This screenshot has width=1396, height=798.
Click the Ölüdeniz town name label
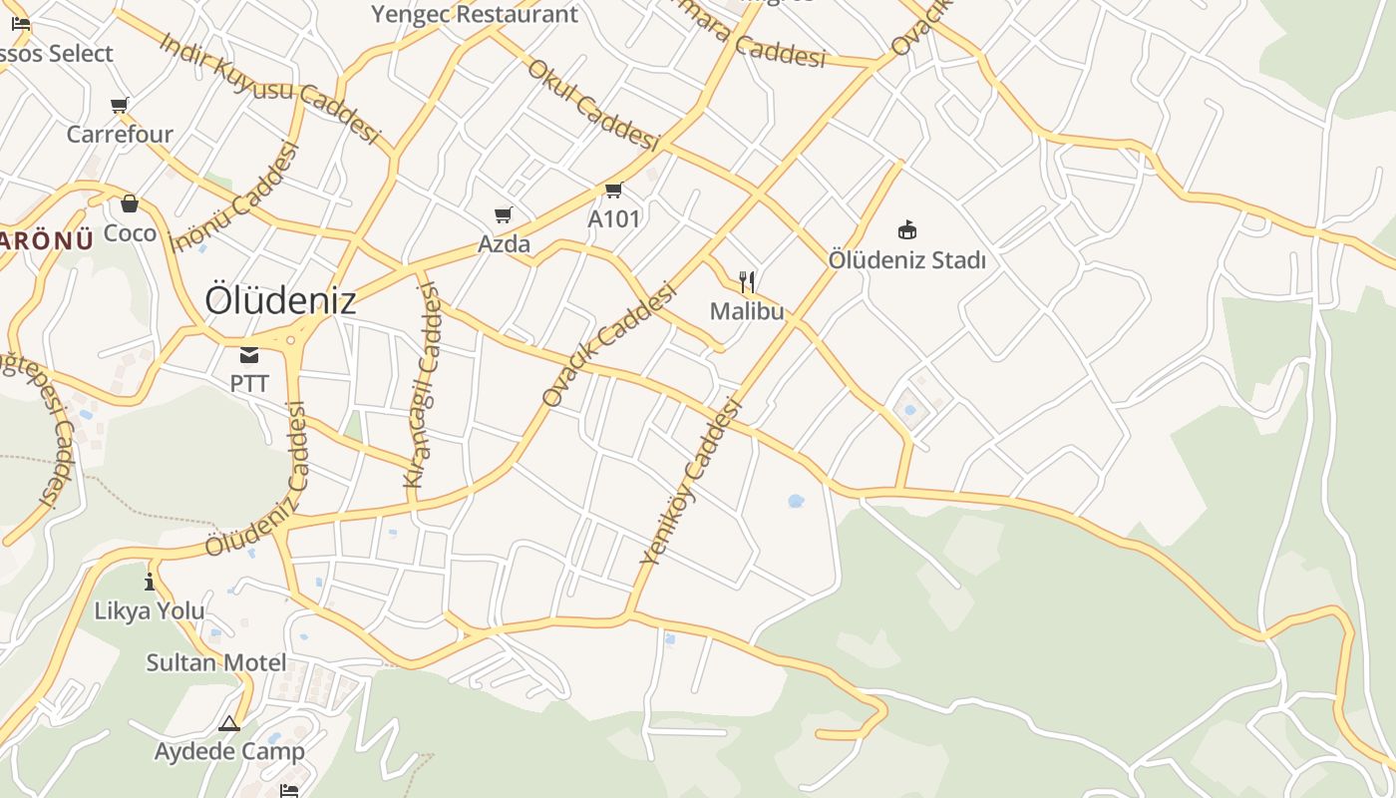(280, 300)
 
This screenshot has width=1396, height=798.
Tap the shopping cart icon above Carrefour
(120, 105)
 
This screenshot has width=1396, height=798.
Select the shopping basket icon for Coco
(130, 204)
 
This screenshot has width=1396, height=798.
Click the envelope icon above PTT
(249, 354)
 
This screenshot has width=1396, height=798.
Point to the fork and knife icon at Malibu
(747, 282)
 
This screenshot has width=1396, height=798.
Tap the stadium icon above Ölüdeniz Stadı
(906, 230)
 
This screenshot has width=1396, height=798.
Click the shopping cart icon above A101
(613, 190)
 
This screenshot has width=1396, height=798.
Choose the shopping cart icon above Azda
(504, 214)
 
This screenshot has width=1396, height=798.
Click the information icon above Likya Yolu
(150, 582)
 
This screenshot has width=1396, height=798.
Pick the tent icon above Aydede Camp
(229, 723)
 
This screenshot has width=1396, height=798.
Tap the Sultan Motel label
(216, 662)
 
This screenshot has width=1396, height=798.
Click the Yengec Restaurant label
(475, 14)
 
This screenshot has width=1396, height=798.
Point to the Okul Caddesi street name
(593, 105)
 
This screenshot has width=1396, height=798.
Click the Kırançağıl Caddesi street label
(423, 385)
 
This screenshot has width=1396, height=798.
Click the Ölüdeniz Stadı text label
(907, 260)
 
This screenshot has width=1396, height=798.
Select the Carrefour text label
(120, 134)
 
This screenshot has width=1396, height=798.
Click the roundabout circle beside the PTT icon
(291, 340)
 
